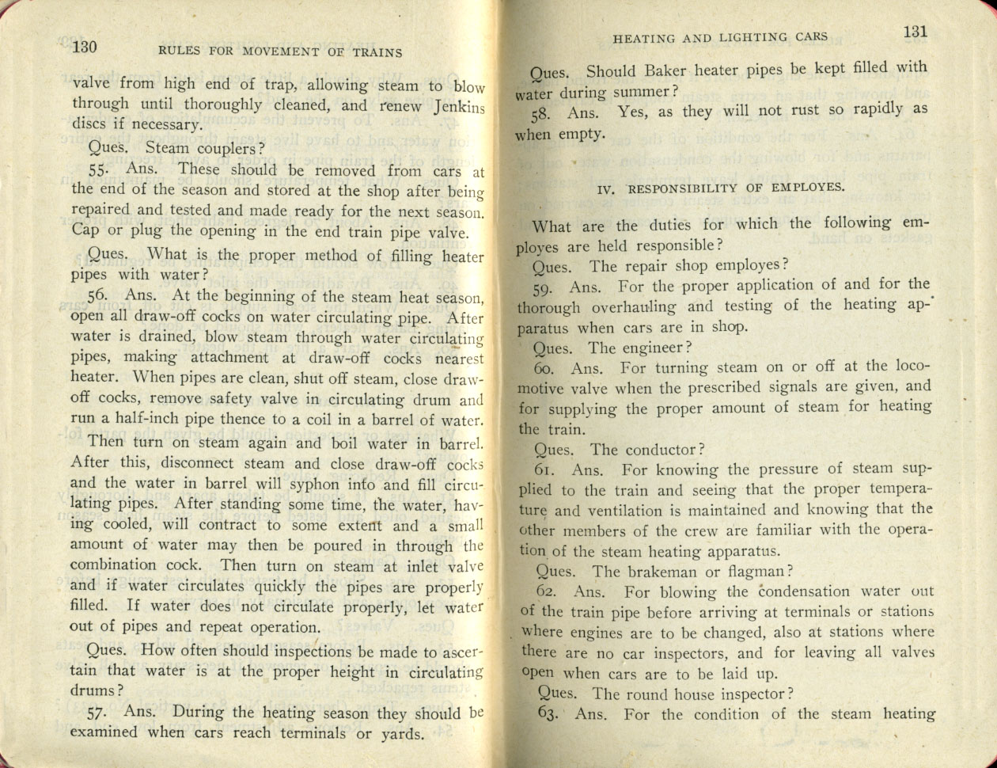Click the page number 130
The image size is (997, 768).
[x=84, y=48]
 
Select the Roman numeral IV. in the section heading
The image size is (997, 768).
[x=605, y=189]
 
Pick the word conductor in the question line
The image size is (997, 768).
[x=662, y=450]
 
